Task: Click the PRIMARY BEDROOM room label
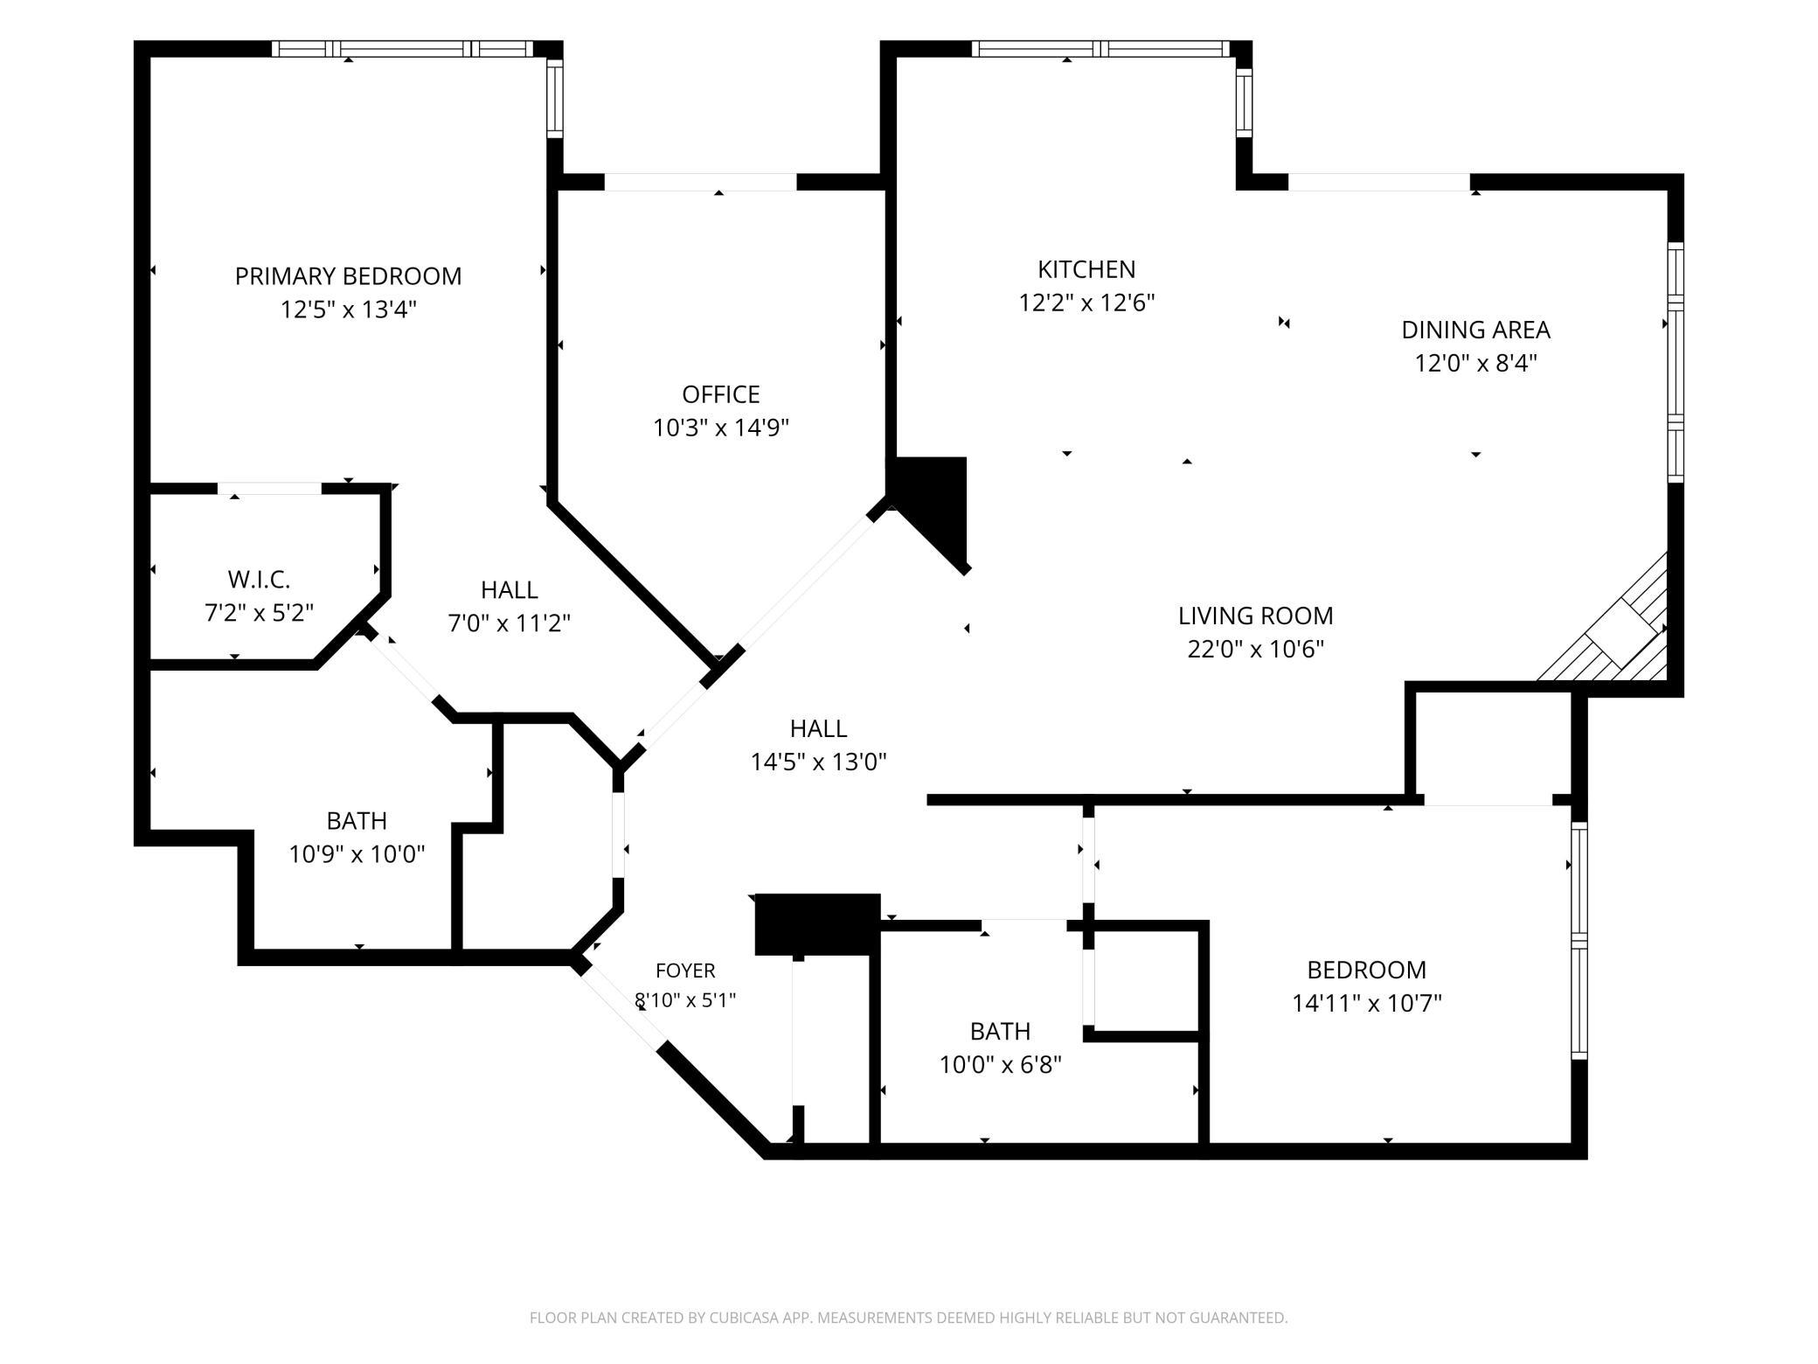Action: [348, 276]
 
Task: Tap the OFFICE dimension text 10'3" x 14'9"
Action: [721, 428]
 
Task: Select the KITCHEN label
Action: [1086, 269]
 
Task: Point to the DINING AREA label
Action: [1475, 330]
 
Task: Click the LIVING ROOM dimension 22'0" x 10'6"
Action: [1256, 649]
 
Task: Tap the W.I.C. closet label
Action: [259, 580]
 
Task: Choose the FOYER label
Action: [686, 971]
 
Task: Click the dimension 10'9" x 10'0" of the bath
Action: [357, 853]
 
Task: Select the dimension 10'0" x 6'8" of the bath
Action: [1000, 1065]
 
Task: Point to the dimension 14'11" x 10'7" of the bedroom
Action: [1367, 1002]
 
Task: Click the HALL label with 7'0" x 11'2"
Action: [509, 590]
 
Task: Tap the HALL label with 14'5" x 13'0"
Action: [818, 728]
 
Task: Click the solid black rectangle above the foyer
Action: [817, 924]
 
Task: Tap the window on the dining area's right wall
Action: [1676, 363]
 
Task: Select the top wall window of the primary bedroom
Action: [401, 49]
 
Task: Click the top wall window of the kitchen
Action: [1100, 49]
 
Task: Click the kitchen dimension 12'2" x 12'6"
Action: [1086, 303]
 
